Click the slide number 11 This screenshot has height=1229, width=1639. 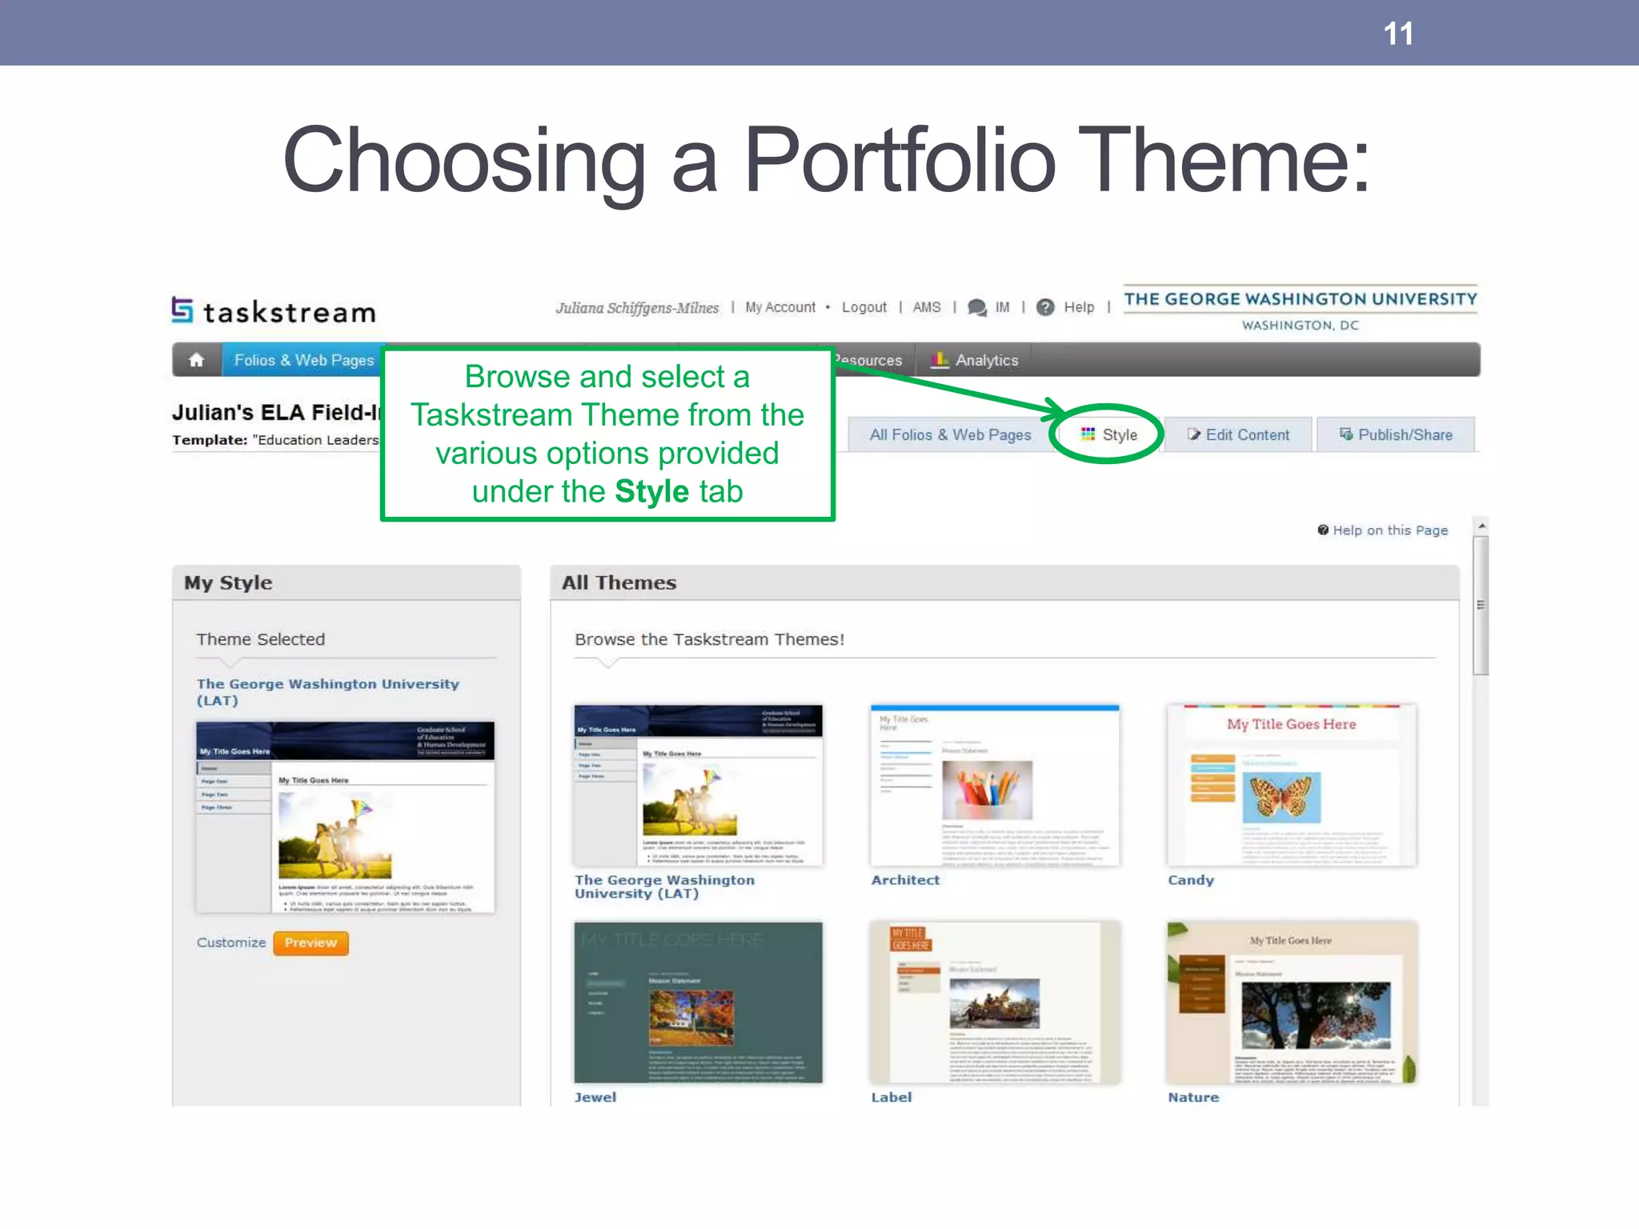pos(1398,34)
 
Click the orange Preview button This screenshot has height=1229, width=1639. pos(311,943)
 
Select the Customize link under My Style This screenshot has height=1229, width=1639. pos(230,943)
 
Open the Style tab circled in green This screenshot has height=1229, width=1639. pos(1109,434)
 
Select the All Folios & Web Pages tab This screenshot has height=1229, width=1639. pos(950,434)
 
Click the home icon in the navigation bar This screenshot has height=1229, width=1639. pos(196,360)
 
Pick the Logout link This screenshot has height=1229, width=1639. pos(864,307)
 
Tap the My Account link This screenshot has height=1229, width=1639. pos(780,307)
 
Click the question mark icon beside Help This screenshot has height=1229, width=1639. pos(1045,307)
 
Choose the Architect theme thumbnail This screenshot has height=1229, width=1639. pos(995,785)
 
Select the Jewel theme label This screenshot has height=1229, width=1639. pos(595,1097)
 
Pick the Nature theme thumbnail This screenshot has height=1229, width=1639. pos(1292,1002)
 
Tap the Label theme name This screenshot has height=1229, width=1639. pos(892,1097)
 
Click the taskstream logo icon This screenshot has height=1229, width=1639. pos(182,310)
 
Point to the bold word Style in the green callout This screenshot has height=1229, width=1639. pos(651,491)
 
